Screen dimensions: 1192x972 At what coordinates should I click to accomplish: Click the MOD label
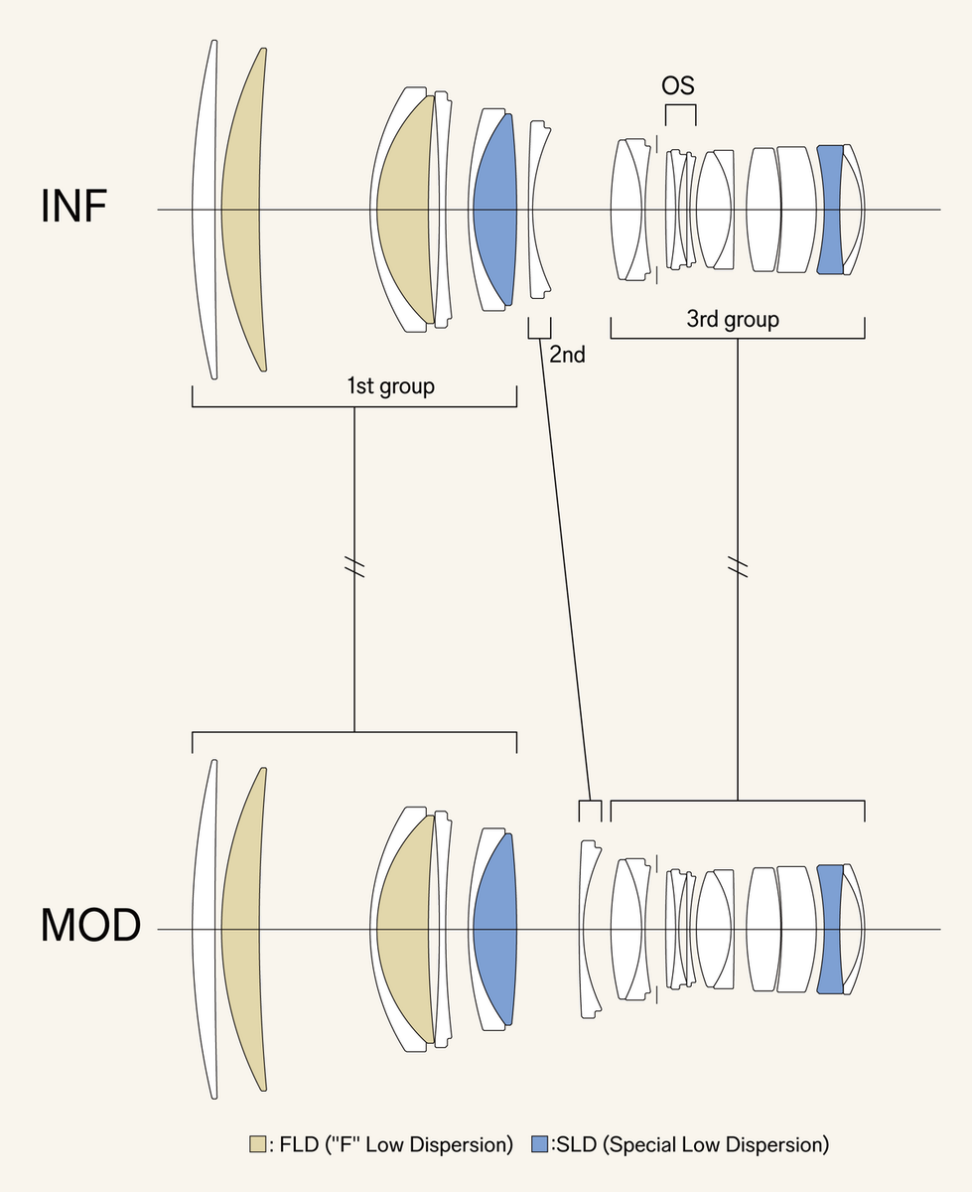90,926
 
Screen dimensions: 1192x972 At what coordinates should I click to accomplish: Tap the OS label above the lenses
678,86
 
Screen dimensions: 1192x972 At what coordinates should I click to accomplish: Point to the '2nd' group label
567,353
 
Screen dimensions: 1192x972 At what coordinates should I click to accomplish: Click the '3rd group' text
733,319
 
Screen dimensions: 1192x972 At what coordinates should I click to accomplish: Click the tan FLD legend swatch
257,1144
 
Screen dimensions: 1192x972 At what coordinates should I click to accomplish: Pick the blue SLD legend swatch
540,1144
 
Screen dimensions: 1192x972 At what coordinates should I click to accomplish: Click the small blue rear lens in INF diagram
829,210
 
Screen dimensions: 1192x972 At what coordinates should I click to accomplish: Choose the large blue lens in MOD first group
494,930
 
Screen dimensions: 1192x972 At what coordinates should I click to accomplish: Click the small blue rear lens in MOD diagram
829,929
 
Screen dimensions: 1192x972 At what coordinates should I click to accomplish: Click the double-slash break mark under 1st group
354,568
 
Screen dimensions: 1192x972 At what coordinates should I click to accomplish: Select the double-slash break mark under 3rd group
737,568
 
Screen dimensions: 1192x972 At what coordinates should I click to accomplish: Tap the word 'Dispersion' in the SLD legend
777,1144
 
